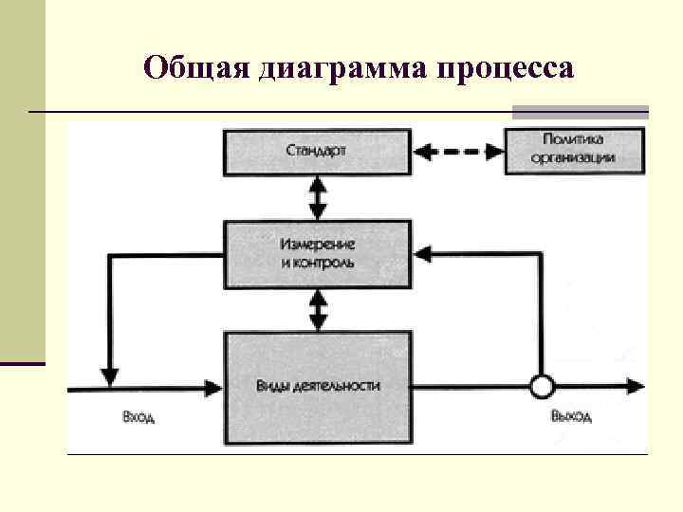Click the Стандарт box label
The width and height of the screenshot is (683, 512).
click(318, 150)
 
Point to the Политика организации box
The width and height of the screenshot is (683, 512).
click(577, 149)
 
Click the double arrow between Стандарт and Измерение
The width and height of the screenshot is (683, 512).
click(318, 198)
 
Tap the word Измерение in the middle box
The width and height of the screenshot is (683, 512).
click(319, 245)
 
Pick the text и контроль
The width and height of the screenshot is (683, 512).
click(319, 263)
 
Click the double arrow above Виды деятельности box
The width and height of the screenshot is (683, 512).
click(318, 309)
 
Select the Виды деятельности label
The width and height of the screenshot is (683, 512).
click(318, 386)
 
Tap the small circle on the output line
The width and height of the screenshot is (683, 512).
click(541, 386)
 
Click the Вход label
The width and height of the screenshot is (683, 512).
click(138, 417)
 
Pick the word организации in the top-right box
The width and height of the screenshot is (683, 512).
click(577, 158)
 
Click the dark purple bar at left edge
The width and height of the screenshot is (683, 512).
click(23, 362)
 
